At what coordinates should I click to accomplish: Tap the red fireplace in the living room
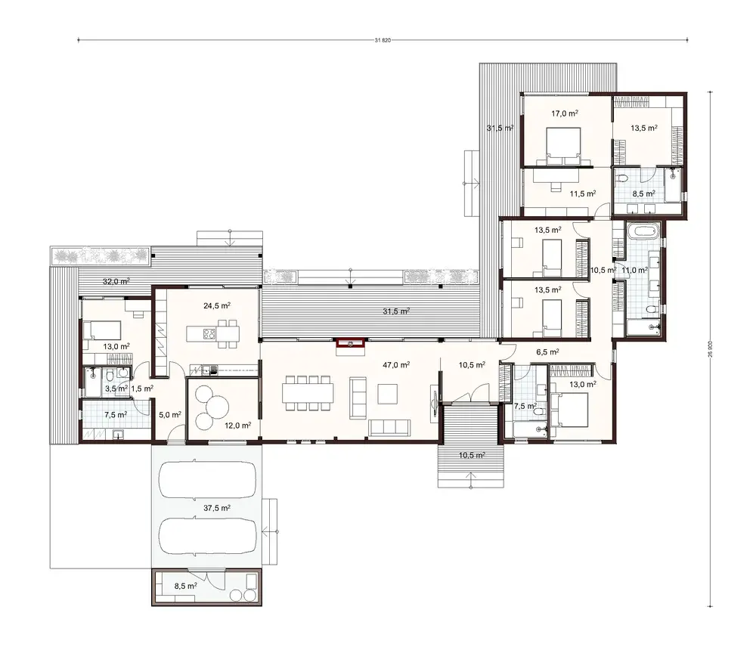click(x=352, y=343)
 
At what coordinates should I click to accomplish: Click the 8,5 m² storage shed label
click(x=185, y=585)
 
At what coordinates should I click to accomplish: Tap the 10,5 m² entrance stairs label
click(x=471, y=455)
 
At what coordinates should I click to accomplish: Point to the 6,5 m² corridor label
click(x=547, y=351)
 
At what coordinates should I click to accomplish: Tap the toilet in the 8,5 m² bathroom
click(x=622, y=180)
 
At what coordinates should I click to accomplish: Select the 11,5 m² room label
click(x=583, y=193)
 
